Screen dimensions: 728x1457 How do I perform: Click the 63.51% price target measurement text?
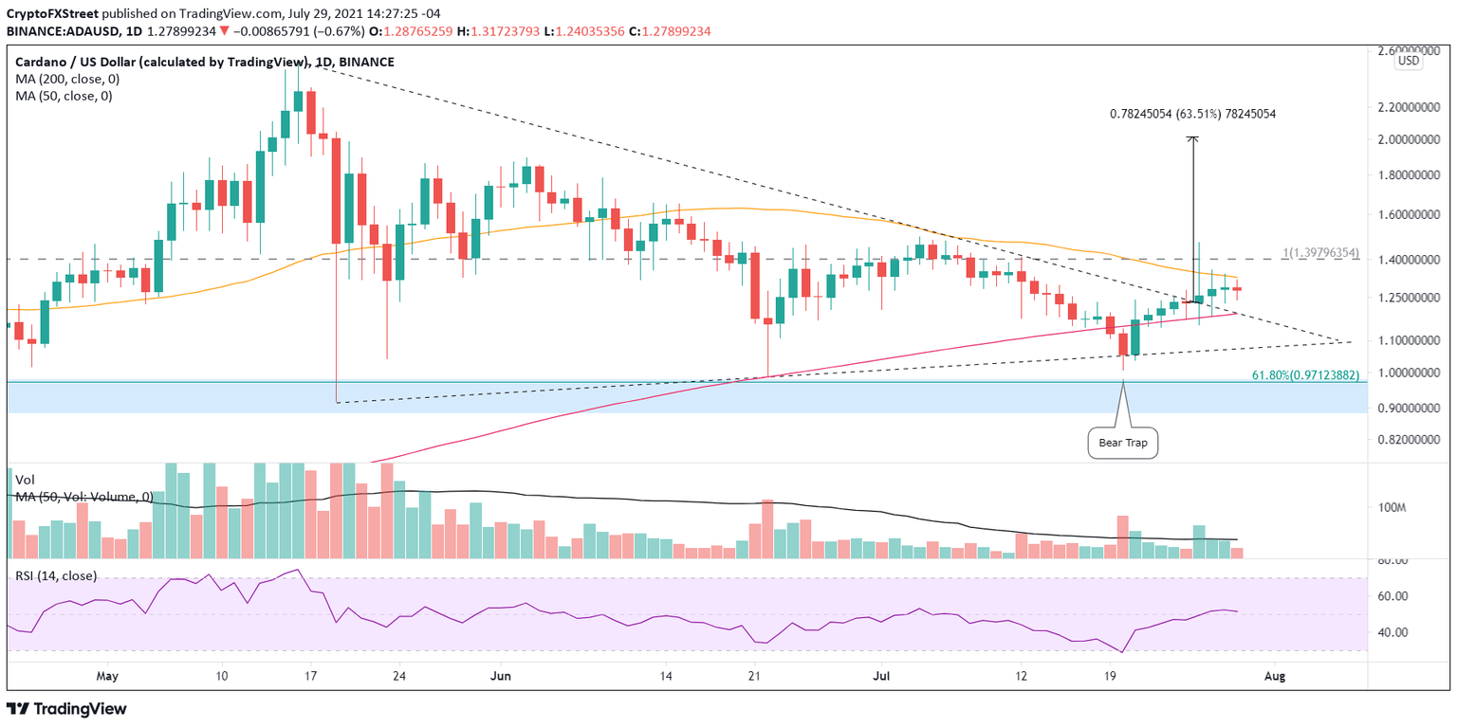(1192, 114)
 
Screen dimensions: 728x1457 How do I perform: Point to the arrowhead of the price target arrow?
(1193, 139)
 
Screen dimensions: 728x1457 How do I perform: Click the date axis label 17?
(310, 676)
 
